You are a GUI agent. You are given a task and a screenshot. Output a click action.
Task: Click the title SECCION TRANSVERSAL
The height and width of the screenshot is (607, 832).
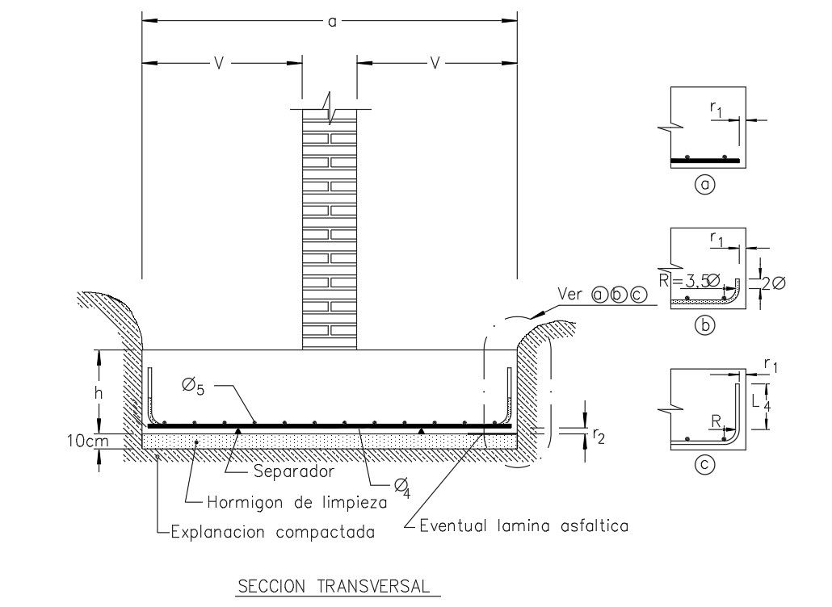tap(338, 587)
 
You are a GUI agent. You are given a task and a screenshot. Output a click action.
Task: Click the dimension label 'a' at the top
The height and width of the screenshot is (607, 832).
tap(331, 21)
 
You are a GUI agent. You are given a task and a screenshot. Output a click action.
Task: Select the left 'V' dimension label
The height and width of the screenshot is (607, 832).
tap(218, 62)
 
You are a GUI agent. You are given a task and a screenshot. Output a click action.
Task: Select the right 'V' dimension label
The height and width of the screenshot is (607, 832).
tap(435, 62)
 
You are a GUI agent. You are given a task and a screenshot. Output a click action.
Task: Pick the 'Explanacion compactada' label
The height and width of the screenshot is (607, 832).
tap(273, 532)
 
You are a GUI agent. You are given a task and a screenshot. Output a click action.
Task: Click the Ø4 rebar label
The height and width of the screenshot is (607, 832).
tap(401, 486)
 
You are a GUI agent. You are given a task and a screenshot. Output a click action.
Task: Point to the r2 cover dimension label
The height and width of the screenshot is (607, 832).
tap(599, 436)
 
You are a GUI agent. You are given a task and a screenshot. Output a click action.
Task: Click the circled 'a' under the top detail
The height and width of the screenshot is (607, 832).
tap(705, 186)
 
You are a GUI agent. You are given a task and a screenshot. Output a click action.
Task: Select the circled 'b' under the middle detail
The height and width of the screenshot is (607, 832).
tap(705, 327)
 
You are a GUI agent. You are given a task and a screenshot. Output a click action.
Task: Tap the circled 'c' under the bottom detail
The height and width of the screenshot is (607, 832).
tap(705, 466)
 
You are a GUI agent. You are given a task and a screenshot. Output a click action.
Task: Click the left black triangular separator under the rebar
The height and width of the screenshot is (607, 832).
tap(237, 430)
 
